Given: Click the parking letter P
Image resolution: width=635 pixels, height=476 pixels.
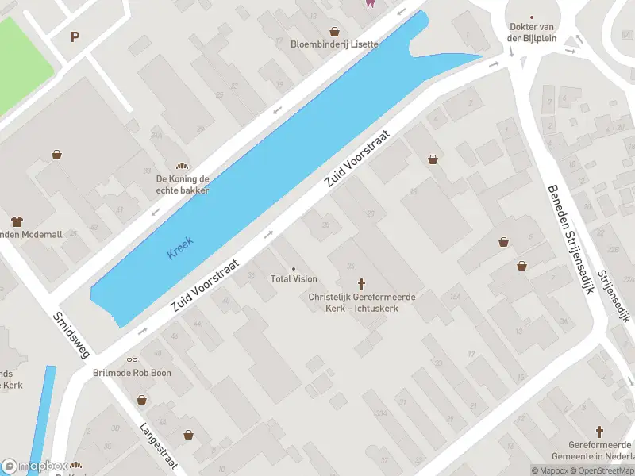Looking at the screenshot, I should pos(75,36).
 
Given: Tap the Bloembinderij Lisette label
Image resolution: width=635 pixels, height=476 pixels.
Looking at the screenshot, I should pos(334,44).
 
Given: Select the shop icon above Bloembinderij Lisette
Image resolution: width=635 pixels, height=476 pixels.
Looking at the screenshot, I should pos(335,32).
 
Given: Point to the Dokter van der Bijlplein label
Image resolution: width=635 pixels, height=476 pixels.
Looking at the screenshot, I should pos(531,33).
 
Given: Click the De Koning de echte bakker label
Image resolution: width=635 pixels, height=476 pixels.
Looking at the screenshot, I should pos(183,185).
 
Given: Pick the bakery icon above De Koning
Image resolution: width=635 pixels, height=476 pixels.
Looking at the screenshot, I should pos(183,167).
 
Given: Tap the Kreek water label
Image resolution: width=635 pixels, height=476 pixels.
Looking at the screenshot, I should pos(180,248).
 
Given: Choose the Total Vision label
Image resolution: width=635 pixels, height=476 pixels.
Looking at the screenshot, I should pos(294,278).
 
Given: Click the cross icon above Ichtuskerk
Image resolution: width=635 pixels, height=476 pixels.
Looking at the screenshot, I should pos(362,283).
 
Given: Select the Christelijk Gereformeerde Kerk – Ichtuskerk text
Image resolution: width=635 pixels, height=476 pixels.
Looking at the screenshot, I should pos(362,302).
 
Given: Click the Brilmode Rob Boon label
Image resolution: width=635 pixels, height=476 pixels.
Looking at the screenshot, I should pos(132,373).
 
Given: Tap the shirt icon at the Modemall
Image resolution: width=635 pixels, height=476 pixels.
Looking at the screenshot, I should pos(16,221).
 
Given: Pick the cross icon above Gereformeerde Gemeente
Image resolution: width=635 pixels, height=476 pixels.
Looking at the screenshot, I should pos(600,432).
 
